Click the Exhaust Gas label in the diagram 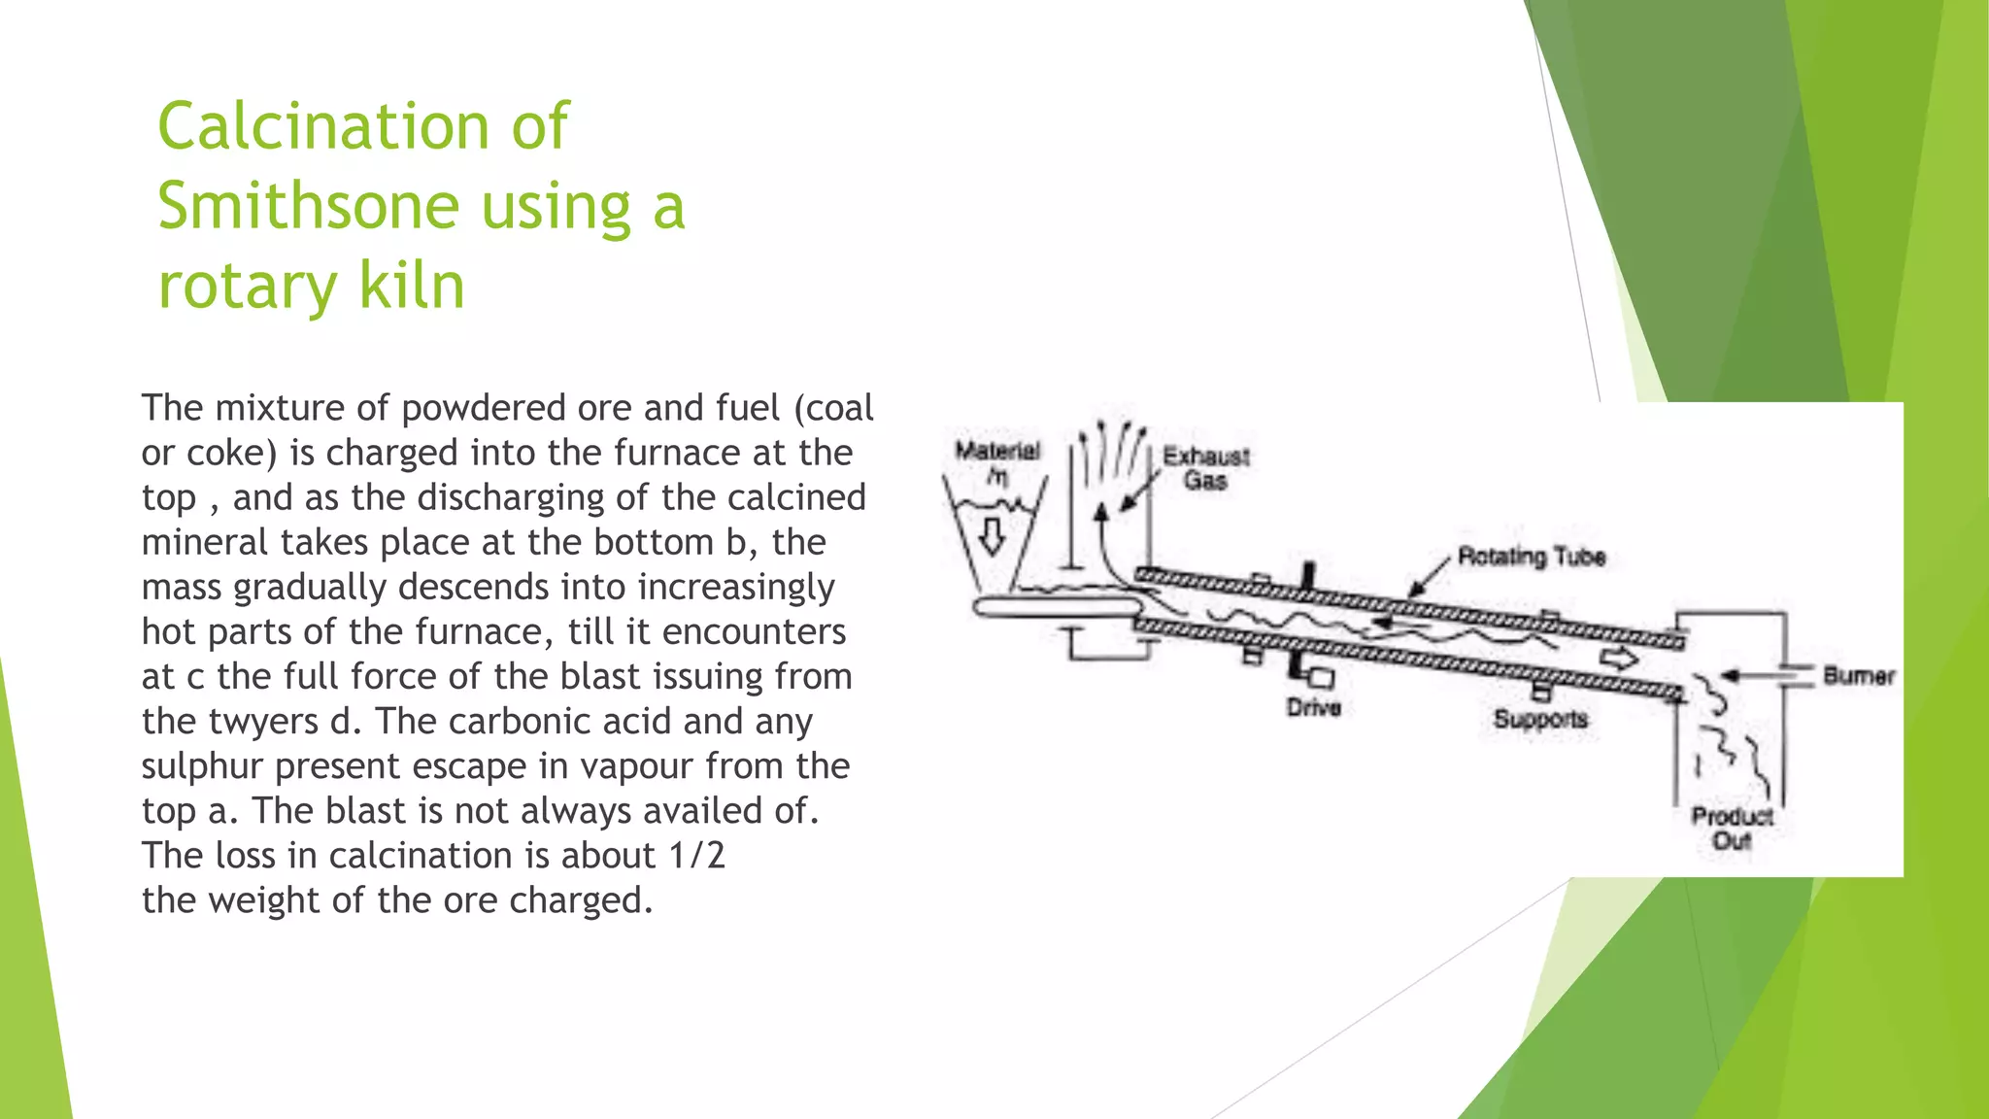(x=1205, y=468)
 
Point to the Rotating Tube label (x=1531, y=557)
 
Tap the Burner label (x=1858, y=676)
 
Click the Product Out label (x=1732, y=828)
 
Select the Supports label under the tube (x=1540, y=719)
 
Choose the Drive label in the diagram (x=1313, y=707)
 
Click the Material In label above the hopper (x=996, y=460)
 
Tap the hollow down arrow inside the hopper (x=992, y=535)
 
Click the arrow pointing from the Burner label (x=1748, y=674)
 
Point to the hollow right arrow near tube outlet (x=1618, y=659)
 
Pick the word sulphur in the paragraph (x=202, y=766)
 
